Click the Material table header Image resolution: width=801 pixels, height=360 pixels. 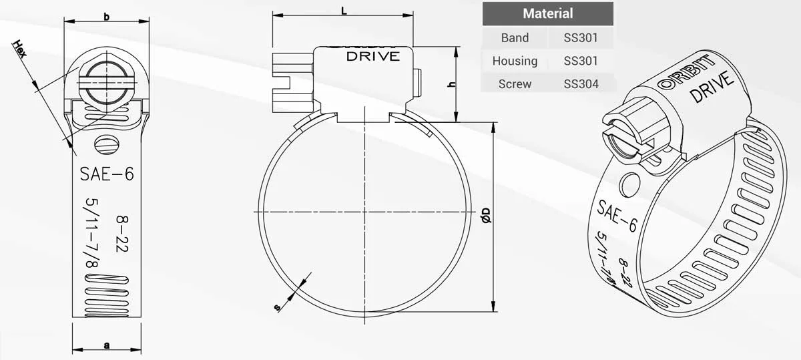547,13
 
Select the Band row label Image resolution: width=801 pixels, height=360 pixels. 515,38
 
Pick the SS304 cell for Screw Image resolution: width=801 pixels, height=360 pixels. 581,83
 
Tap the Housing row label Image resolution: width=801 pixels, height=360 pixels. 515,61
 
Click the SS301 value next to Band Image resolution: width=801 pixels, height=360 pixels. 581,38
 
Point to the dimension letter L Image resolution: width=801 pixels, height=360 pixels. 343,11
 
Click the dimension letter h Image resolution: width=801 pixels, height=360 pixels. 451,85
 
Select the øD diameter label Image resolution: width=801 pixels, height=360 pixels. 486,215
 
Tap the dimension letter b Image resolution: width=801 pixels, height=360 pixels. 107,17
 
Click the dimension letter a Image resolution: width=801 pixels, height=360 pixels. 107,345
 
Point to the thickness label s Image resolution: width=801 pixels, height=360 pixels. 278,307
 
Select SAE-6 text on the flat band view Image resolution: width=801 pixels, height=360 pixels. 107,174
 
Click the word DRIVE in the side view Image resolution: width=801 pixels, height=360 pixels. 372,57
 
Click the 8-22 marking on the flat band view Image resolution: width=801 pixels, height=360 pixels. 121,232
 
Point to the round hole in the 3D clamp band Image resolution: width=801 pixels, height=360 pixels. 629,184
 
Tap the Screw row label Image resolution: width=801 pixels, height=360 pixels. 515,83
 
